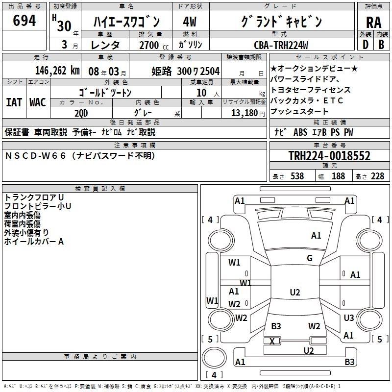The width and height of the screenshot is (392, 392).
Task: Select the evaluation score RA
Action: point(373,22)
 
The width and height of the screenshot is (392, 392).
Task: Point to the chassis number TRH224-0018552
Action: point(329,156)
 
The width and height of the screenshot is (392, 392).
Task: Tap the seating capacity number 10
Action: point(200,92)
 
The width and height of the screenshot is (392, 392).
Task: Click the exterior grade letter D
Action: point(365,45)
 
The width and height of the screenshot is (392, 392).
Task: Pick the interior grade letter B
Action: point(382,45)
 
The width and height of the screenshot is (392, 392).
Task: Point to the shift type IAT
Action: point(13,102)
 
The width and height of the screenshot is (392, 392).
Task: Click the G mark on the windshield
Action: point(310,258)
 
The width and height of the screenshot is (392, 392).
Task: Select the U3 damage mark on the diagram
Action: point(349,318)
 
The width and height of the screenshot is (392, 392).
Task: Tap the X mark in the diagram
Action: point(272,341)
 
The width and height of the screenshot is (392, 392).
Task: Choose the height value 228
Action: point(377,176)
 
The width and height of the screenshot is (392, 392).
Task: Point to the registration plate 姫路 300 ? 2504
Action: point(186,71)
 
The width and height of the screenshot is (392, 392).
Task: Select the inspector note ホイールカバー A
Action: point(34,242)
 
